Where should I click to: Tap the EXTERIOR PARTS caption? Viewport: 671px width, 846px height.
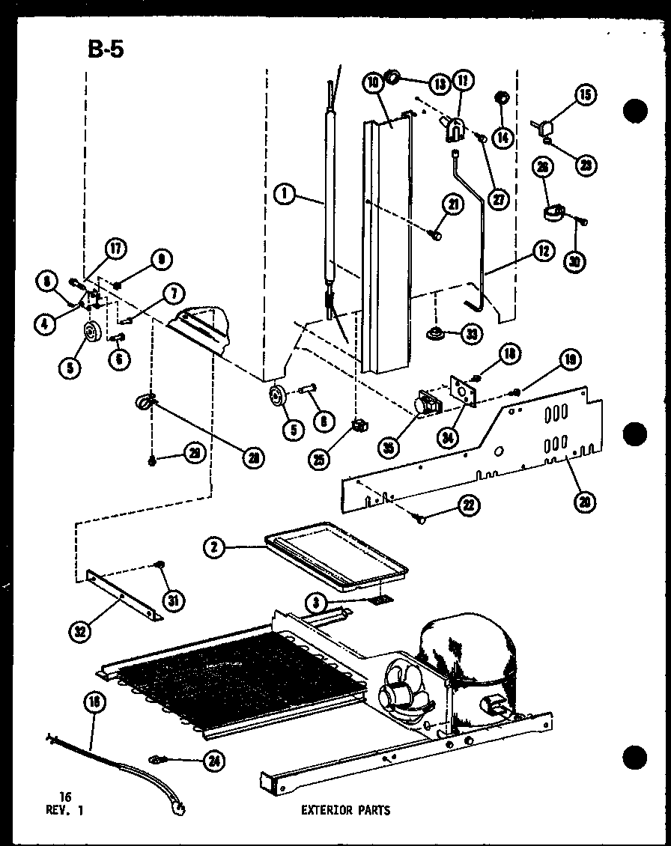[345, 809]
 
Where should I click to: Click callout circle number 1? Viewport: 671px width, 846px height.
[283, 195]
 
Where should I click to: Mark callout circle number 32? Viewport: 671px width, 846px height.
[79, 630]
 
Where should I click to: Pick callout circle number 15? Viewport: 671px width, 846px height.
[586, 94]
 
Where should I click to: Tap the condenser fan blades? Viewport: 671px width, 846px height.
[403, 690]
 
